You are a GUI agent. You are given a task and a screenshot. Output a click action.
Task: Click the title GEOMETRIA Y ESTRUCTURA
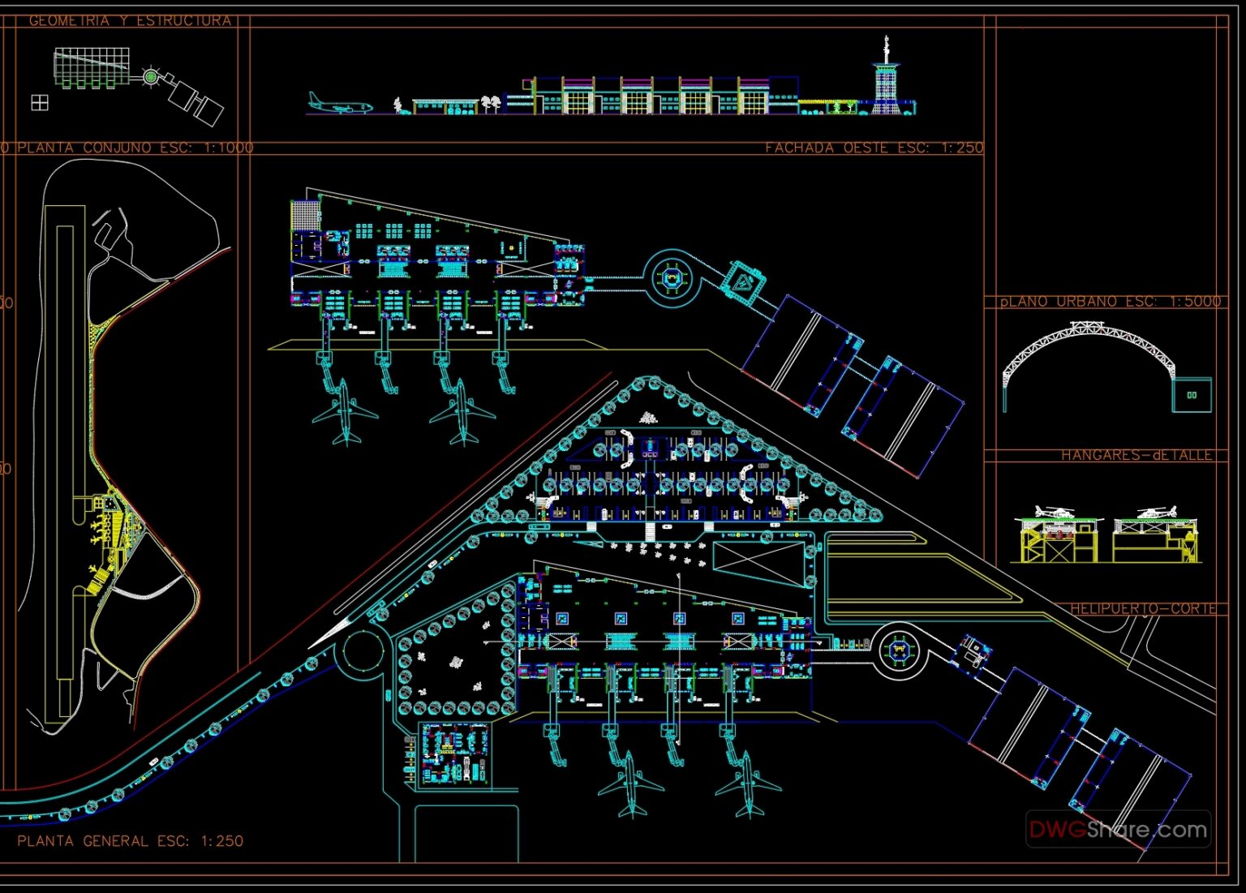(x=130, y=20)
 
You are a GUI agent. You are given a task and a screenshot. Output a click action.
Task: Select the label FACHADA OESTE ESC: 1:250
(x=874, y=148)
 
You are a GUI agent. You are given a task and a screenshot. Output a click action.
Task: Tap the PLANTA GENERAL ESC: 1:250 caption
(x=130, y=841)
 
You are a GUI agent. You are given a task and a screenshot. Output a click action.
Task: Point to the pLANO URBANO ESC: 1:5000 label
(x=1110, y=301)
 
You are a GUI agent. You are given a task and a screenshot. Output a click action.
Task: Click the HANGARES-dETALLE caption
(x=1136, y=455)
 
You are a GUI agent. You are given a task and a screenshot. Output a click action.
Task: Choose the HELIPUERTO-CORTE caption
(x=1143, y=608)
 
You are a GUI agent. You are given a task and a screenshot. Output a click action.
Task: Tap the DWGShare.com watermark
(x=1118, y=830)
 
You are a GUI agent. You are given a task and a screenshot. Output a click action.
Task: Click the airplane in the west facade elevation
(x=339, y=105)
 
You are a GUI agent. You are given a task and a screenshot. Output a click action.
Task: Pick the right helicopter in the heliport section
(x=1157, y=512)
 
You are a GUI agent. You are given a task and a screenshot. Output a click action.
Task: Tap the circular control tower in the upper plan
(x=672, y=278)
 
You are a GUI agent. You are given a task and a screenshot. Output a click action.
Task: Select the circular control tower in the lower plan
(x=899, y=649)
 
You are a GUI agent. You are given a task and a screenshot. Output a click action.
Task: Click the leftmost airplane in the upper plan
(x=345, y=412)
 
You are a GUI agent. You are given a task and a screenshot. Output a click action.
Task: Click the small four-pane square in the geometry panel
(x=39, y=102)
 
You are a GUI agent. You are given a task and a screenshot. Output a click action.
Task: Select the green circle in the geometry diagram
(x=150, y=76)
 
